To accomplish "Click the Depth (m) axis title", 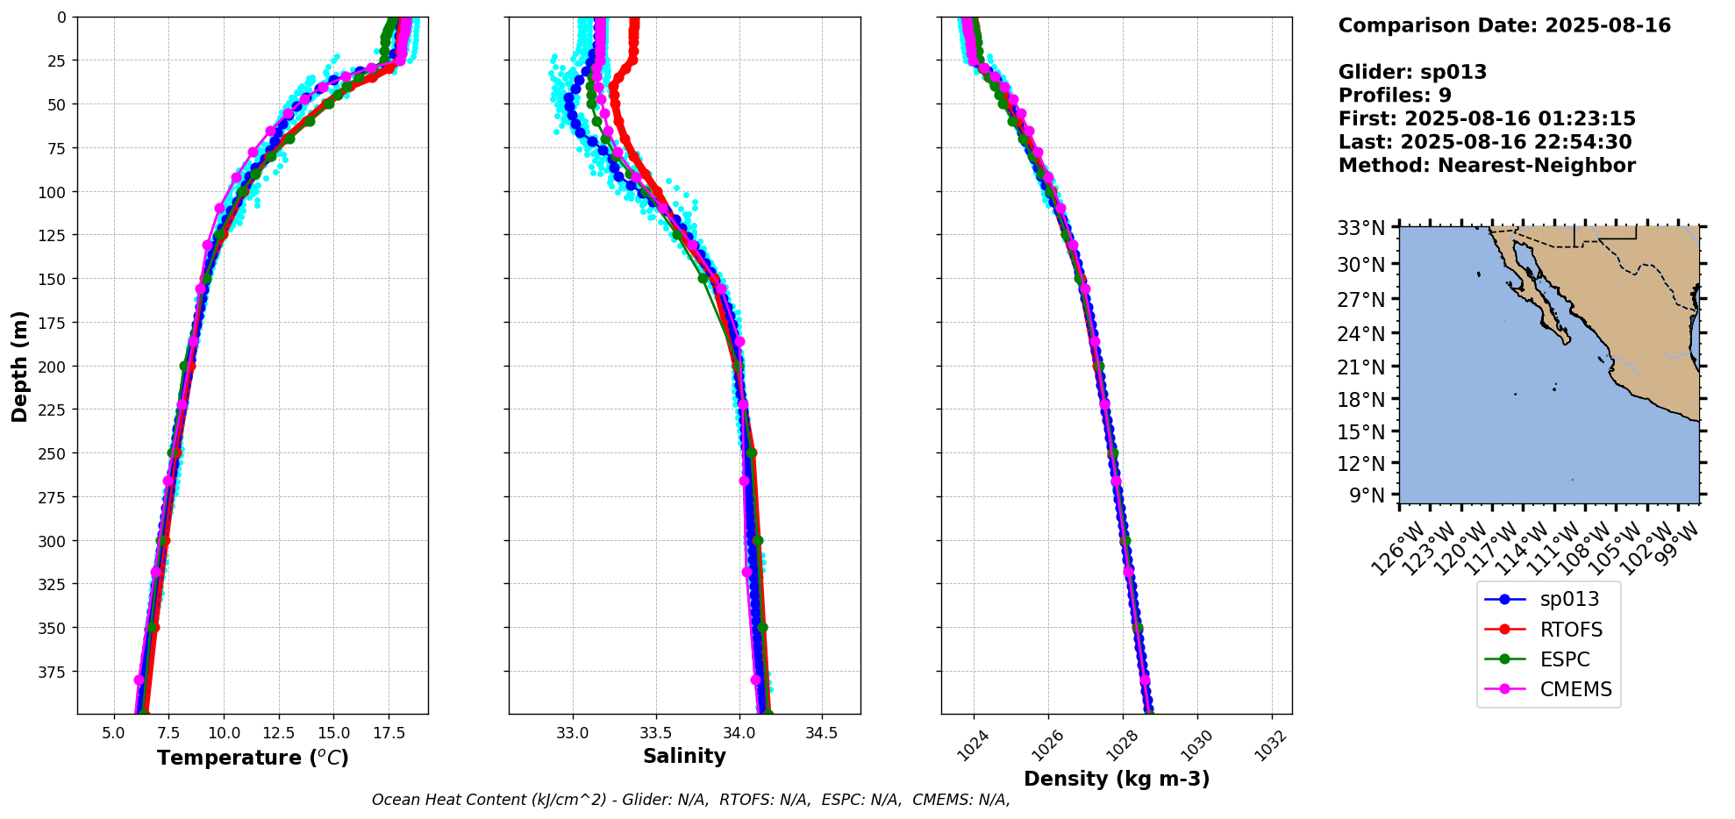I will (x=20, y=366).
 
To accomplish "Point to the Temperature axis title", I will (x=253, y=758).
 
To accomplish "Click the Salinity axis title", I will (x=684, y=756).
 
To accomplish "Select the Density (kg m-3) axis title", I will (x=1117, y=779).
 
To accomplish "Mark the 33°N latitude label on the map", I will (x=1360, y=228).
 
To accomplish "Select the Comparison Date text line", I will (x=1504, y=25).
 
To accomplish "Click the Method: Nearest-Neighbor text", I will (x=1487, y=166).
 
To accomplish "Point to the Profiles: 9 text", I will (x=1395, y=96).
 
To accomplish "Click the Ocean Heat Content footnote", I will (x=690, y=800).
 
